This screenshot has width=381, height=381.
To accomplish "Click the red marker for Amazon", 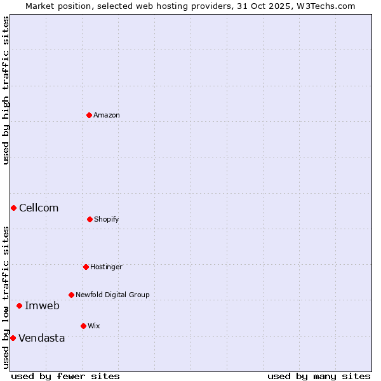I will pos(89,115).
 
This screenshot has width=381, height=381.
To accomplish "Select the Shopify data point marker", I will pos(90,219).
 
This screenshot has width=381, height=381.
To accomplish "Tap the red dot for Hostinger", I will pos(86,267).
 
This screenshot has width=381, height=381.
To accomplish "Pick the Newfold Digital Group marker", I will pos(71,295).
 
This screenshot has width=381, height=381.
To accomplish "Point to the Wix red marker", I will pos(83,326).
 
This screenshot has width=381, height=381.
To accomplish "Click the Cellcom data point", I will pos(13,208).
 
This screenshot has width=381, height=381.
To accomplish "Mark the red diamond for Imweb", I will pos(19,305).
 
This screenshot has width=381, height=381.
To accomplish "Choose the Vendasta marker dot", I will pos(13,338).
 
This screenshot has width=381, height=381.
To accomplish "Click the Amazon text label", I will pos(107,116).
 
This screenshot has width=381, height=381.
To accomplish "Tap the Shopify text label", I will pos(107,220).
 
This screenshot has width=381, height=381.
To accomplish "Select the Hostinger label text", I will pos(106,267).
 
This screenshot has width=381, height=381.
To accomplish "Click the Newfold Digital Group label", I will pos(112,295).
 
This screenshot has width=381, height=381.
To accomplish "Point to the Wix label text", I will pos(94,326).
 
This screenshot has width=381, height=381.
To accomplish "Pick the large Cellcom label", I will pos(39,208).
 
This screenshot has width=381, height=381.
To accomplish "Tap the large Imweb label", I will pos(42,306).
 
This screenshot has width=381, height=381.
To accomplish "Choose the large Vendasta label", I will pos(42,338).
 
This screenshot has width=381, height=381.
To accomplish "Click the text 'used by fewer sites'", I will pos(65,376).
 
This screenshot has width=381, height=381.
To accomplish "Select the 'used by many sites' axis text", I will pos(319,376).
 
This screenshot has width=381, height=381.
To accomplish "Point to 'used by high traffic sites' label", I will pos(6,91).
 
